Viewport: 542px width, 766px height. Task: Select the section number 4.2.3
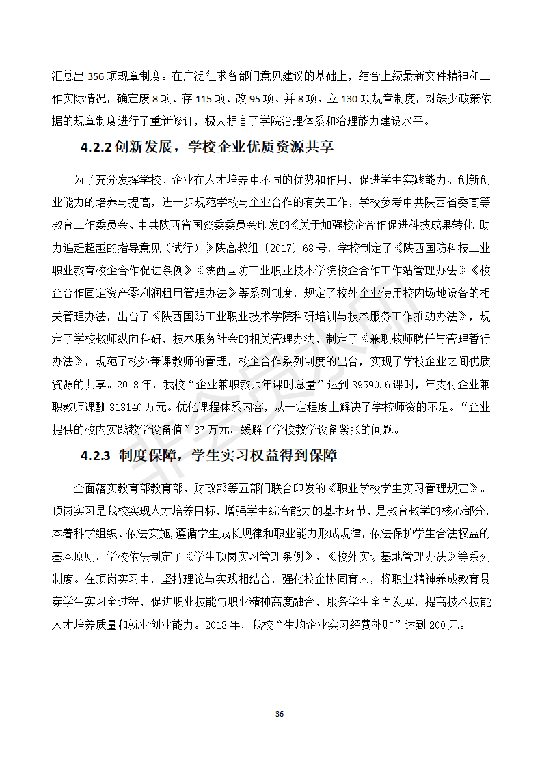tap(96, 455)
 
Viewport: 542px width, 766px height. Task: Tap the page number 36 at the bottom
tap(279, 714)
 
